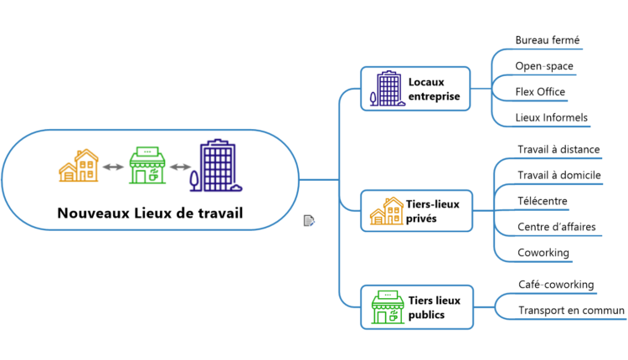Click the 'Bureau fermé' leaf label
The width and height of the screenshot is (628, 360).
(x=548, y=40)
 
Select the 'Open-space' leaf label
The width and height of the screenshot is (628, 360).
(x=544, y=66)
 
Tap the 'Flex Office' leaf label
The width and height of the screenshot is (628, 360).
(x=540, y=92)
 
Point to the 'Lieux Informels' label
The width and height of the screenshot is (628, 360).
(x=551, y=118)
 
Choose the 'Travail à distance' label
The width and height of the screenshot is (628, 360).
(x=559, y=150)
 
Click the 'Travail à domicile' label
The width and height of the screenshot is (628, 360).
(x=559, y=175)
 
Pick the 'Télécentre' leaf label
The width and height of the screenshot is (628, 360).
(x=543, y=201)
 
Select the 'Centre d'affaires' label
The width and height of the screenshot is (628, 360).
(x=553, y=227)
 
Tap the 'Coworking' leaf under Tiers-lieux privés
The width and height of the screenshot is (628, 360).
(x=543, y=253)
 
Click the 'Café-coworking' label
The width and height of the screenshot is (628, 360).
(x=556, y=285)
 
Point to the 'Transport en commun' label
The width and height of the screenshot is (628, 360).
(x=571, y=311)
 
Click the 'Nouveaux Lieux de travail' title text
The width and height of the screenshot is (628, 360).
(x=150, y=213)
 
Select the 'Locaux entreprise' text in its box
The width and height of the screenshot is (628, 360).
(x=434, y=89)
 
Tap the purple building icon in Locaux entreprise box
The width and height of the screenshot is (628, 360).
(x=386, y=89)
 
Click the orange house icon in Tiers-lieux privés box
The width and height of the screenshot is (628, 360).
(x=386, y=212)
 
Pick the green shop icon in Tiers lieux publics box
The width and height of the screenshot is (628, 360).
(x=386, y=307)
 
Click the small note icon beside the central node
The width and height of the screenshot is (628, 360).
(x=309, y=220)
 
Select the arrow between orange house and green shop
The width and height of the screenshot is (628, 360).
(x=113, y=167)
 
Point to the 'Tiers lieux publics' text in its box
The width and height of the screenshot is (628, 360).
(x=434, y=307)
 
